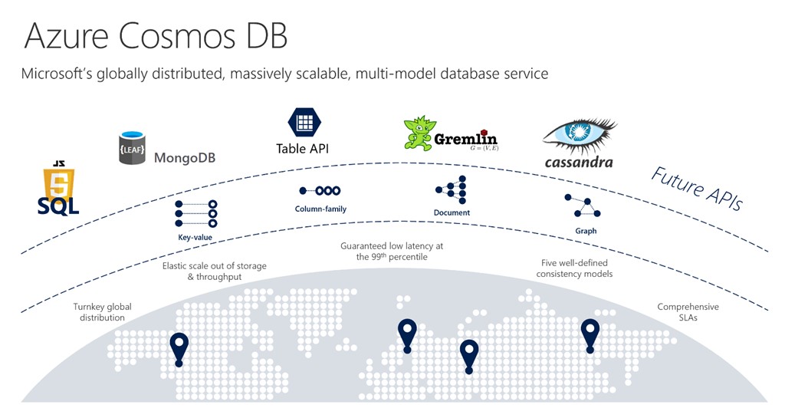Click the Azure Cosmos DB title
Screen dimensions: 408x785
(156, 36)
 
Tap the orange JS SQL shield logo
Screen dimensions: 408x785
(58, 189)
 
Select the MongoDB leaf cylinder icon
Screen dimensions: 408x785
(132, 149)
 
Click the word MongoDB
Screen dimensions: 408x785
(185, 158)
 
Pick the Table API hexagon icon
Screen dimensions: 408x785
(303, 123)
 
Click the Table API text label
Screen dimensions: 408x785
(302, 149)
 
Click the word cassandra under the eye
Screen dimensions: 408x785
(579, 162)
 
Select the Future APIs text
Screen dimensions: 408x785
(696, 189)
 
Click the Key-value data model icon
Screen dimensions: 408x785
(195, 214)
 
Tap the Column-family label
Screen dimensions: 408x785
(320, 209)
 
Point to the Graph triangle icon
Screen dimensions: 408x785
(583, 206)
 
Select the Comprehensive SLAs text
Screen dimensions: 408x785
(688, 312)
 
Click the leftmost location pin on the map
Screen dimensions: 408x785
(179, 349)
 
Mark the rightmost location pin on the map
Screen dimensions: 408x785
(590, 334)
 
